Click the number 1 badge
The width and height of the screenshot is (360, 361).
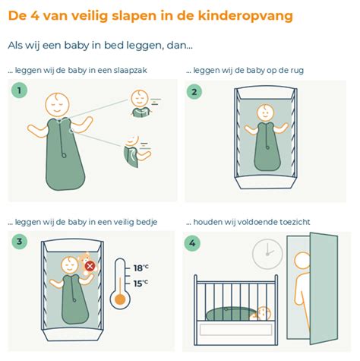click(19, 91)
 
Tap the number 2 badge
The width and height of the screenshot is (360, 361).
click(196, 92)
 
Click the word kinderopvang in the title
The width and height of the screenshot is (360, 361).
click(250, 15)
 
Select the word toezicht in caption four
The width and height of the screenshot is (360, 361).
click(291, 223)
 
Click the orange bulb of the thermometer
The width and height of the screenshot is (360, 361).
click(119, 299)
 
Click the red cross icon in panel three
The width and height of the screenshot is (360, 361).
click(90, 266)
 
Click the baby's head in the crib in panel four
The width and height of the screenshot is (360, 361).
click(263, 313)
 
